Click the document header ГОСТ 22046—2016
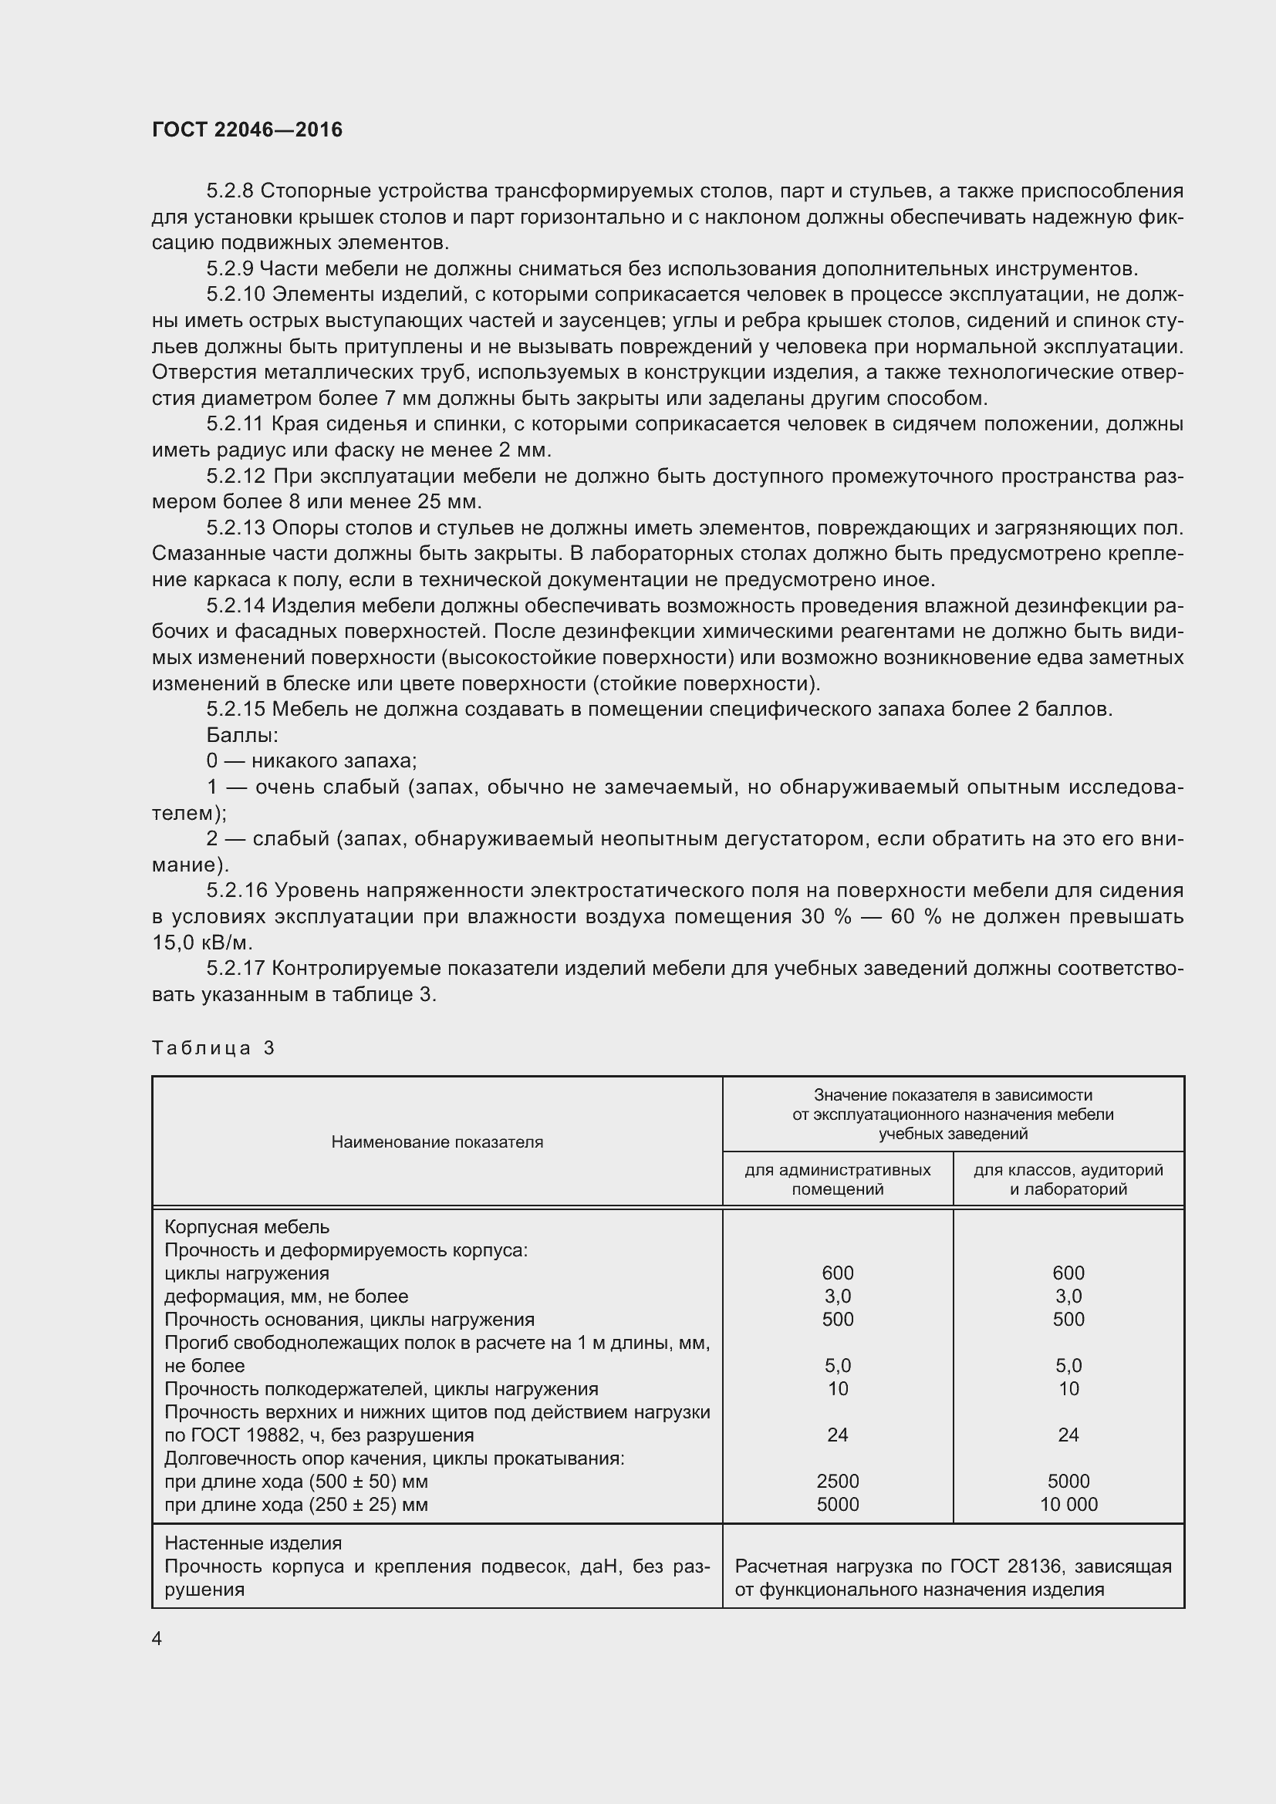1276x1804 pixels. tap(248, 130)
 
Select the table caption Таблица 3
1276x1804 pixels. tap(213, 1048)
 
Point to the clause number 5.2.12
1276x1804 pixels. tap(236, 476)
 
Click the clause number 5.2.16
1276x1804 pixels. tap(236, 891)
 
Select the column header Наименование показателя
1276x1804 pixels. tap(437, 1142)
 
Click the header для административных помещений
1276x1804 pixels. tap(838, 1179)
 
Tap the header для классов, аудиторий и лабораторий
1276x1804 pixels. tap(1068, 1179)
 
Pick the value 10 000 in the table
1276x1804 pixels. tap(1068, 1505)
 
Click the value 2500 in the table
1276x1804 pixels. tap(838, 1481)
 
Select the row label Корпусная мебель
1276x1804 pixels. tap(247, 1227)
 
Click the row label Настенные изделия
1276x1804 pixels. tap(253, 1543)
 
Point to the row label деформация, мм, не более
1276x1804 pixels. tap(286, 1297)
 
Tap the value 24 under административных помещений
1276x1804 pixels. tap(838, 1435)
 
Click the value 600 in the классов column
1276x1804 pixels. tap(1068, 1273)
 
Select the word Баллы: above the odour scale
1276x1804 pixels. tap(242, 736)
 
